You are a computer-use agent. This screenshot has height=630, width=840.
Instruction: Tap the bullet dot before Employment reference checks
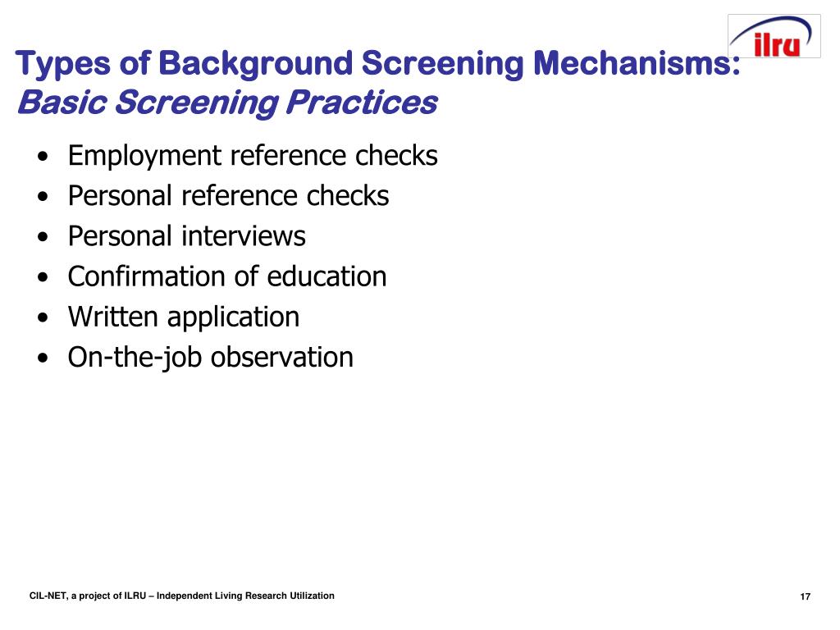(x=42, y=157)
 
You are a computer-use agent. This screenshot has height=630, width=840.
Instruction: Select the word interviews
(x=244, y=236)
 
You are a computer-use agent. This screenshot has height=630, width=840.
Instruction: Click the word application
(x=232, y=317)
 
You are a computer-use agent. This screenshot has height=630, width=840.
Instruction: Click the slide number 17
(x=805, y=596)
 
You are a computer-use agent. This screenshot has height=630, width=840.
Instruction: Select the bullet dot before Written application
(x=42, y=317)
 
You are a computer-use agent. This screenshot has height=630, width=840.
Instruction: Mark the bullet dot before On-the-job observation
(x=42, y=358)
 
